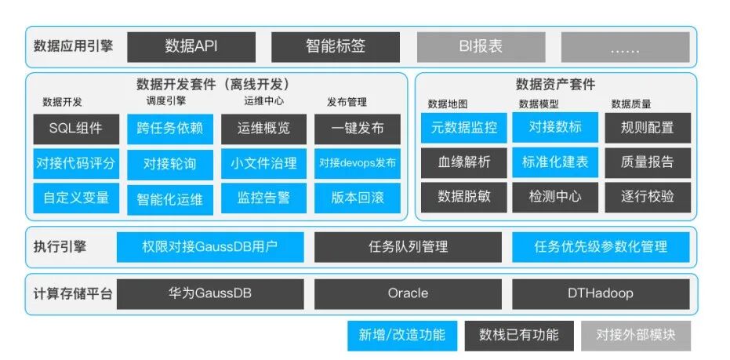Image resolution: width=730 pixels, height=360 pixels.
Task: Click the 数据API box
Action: [x=191, y=46]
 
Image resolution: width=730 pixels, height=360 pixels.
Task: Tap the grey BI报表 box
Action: [x=481, y=46]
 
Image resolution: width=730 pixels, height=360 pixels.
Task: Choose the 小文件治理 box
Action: [x=263, y=164]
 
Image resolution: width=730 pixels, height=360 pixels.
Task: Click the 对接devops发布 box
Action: [x=358, y=164]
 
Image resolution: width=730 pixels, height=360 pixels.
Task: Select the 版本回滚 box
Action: [x=358, y=198]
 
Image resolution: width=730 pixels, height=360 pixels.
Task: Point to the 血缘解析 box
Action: [x=463, y=162]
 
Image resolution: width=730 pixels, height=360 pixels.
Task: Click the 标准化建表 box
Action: [x=555, y=162]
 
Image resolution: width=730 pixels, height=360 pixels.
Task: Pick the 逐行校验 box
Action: [x=647, y=197]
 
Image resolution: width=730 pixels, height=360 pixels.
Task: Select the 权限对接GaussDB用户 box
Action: [x=209, y=247]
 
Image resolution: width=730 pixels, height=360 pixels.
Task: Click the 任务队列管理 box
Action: [x=408, y=247]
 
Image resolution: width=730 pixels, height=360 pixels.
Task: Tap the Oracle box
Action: [x=408, y=293]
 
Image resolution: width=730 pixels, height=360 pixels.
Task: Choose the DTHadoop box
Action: [x=601, y=293]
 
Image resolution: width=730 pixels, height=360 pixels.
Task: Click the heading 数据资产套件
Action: [x=555, y=85]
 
